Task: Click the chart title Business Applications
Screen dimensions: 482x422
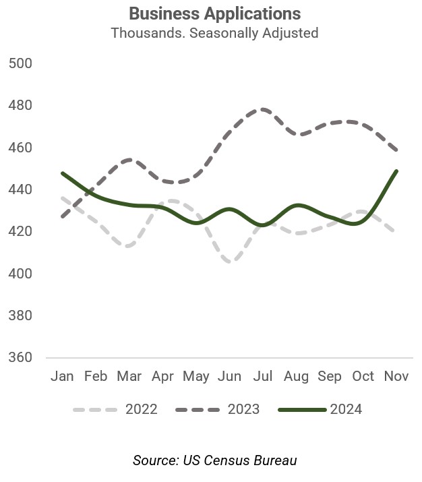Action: (x=214, y=13)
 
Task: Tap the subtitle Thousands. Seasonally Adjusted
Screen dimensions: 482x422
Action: (x=214, y=32)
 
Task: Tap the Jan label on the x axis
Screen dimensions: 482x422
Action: (x=62, y=376)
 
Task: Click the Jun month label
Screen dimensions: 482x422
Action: (x=229, y=376)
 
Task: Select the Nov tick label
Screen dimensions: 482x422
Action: (x=396, y=376)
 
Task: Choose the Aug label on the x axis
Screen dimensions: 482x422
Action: (x=296, y=376)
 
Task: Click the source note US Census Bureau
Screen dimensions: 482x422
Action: (x=214, y=460)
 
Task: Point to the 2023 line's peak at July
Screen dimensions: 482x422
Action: (x=262, y=109)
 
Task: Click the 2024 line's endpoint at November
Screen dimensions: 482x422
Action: (x=396, y=171)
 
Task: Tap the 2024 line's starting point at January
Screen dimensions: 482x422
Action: (x=63, y=173)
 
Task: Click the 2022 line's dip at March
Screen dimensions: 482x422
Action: (x=129, y=246)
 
